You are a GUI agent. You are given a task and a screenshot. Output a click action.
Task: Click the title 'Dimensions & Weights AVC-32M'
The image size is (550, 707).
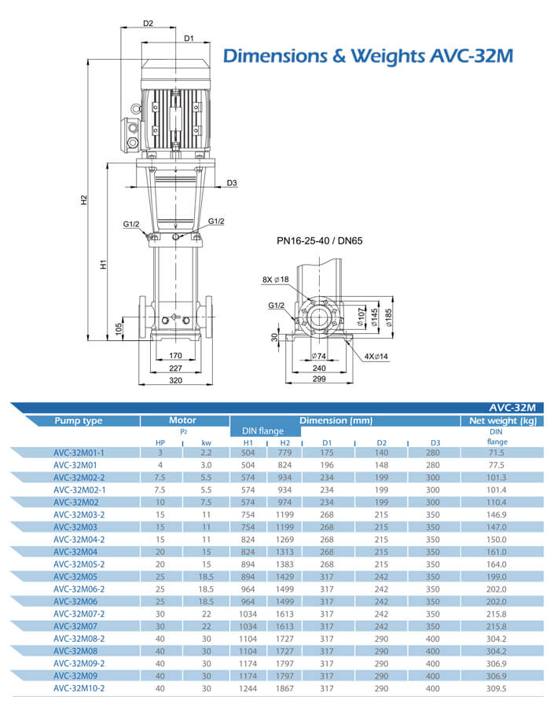tap(368, 56)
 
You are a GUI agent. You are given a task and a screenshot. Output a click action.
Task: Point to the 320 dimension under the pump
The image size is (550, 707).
tap(175, 379)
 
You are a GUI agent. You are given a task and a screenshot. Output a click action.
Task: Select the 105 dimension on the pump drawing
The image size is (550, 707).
tap(119, 327)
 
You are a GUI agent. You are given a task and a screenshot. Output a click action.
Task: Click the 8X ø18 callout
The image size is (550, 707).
tap(275, 279)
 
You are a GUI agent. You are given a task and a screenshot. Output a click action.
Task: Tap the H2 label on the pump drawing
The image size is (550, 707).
tap(84, 200)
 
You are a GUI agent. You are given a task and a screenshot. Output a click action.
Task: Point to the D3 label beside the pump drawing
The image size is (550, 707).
tap(231, 183)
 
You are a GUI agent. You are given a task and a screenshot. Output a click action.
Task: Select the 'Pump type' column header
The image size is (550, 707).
tap(78, 421)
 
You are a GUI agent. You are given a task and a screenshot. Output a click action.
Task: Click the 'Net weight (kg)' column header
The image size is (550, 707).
tap(502, 421)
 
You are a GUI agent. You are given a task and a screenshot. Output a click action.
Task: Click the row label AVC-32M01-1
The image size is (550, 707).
tap(79, 452)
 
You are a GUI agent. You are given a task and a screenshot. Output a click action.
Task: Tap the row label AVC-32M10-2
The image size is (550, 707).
tap(79, 687)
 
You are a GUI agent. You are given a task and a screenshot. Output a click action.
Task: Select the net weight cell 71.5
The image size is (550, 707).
tap(496, 453)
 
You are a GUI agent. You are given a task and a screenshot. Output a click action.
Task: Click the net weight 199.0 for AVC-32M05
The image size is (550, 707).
tap(496, 576)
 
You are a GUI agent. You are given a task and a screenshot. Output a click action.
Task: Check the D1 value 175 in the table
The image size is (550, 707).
tap(328, 453)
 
